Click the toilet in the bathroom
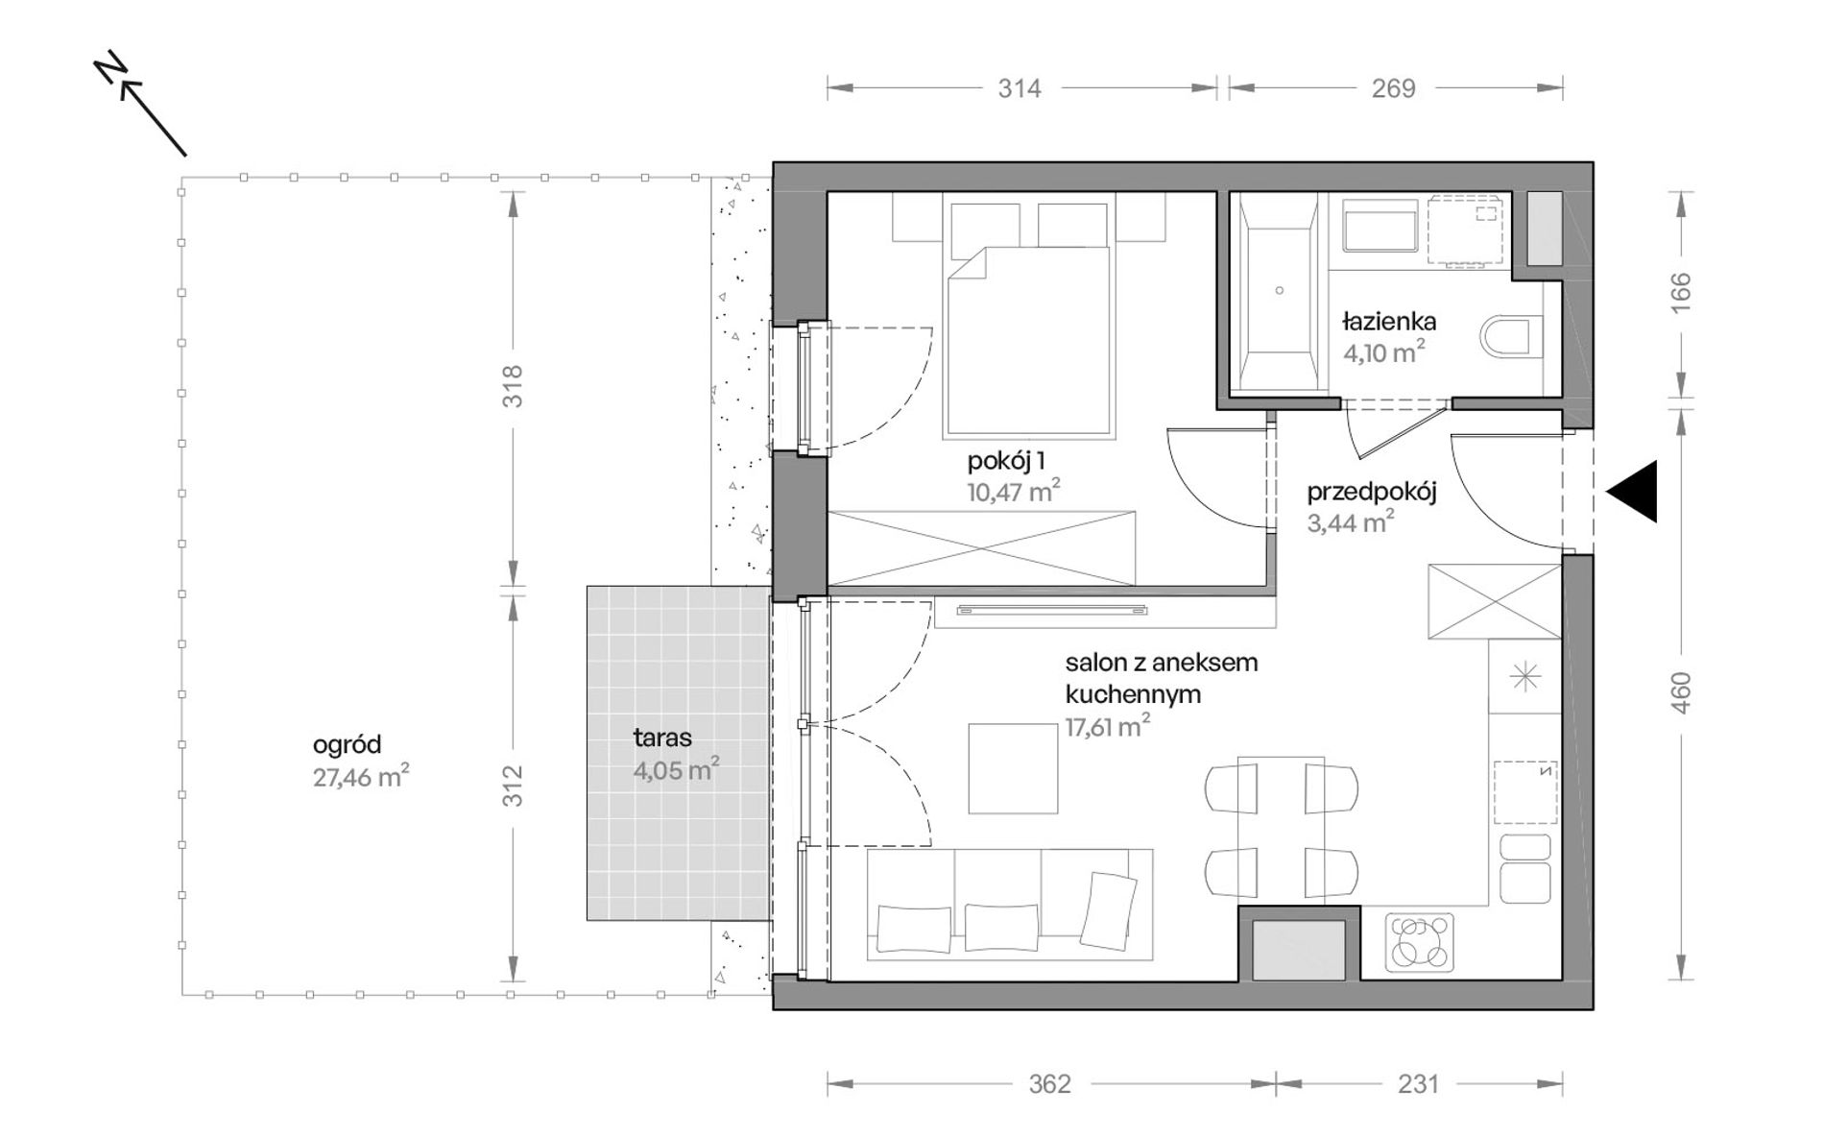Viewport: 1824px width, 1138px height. tap(1506, 338)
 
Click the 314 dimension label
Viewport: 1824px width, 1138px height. tap(1020, 88)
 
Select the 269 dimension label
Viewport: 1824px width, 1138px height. tap(1393, 88)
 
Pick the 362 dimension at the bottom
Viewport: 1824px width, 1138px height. tap(1049, 1084)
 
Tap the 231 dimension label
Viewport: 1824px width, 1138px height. tap(1418, 1084)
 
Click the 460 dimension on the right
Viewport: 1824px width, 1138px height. tap(1681, 692)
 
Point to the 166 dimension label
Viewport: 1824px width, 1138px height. tap(1681, 294)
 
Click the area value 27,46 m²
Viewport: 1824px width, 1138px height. tap(362, 776)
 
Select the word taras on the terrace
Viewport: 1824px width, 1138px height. tap(662, 738)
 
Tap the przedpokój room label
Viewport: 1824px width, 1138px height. tap(1372, 493)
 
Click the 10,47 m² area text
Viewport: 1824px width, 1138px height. tap(1014, 493)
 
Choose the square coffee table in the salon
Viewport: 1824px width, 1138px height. tap(1013, 768)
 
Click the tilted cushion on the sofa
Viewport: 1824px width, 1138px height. tap(1107, 910)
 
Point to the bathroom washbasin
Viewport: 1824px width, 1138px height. tap(1380, 227)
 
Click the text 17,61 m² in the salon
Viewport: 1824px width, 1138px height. tap(1108, 727)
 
